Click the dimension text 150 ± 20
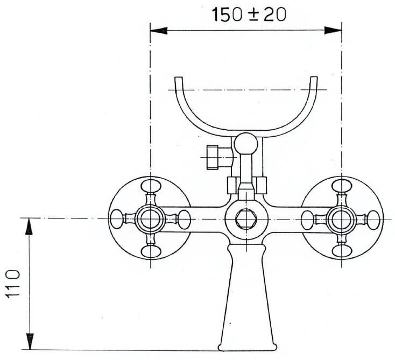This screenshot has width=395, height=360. click(x=249, y=15)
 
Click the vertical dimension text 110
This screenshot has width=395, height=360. click(x=12, y=284)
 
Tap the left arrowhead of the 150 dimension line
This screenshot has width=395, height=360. click(x=159, y=31)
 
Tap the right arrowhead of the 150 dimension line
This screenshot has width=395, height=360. click(x=333, y=31)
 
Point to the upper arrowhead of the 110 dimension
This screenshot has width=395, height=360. click(x=30, y=226)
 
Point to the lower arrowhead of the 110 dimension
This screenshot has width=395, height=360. click(x=30, y=341)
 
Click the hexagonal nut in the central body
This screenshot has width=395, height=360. click(x=246, y=218)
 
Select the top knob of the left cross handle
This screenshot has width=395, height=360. click(x=150, y=186)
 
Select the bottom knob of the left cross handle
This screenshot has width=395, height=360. click(x=150, y=251)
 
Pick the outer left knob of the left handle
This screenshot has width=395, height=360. click(x=117, y=219)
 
